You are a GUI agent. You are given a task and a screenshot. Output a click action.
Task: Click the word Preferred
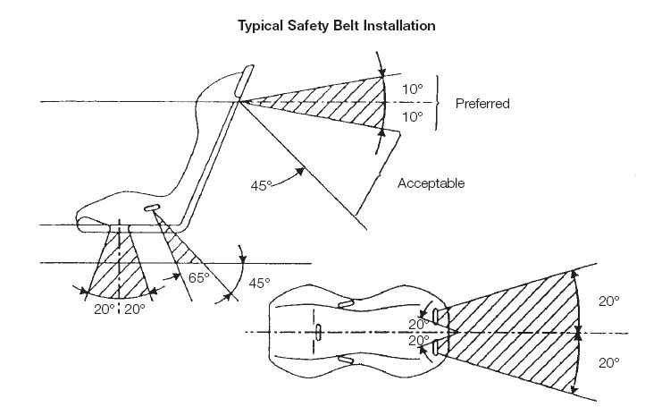(482, 104)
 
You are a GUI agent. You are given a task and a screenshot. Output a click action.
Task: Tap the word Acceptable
(432, 183)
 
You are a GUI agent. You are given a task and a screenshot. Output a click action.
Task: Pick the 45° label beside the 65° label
(258, 283)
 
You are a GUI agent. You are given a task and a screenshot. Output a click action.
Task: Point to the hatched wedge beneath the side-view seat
(119, 268)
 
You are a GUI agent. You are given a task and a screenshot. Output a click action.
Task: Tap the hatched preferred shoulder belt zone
(331, 98)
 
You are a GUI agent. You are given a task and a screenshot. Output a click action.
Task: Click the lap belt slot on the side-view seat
(153, 209)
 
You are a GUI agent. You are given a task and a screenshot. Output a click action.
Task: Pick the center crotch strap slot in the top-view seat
(319, 333)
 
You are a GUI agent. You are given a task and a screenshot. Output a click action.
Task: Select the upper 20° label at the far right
(608, 302)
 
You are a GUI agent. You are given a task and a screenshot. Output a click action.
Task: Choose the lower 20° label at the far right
(608, 364)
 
